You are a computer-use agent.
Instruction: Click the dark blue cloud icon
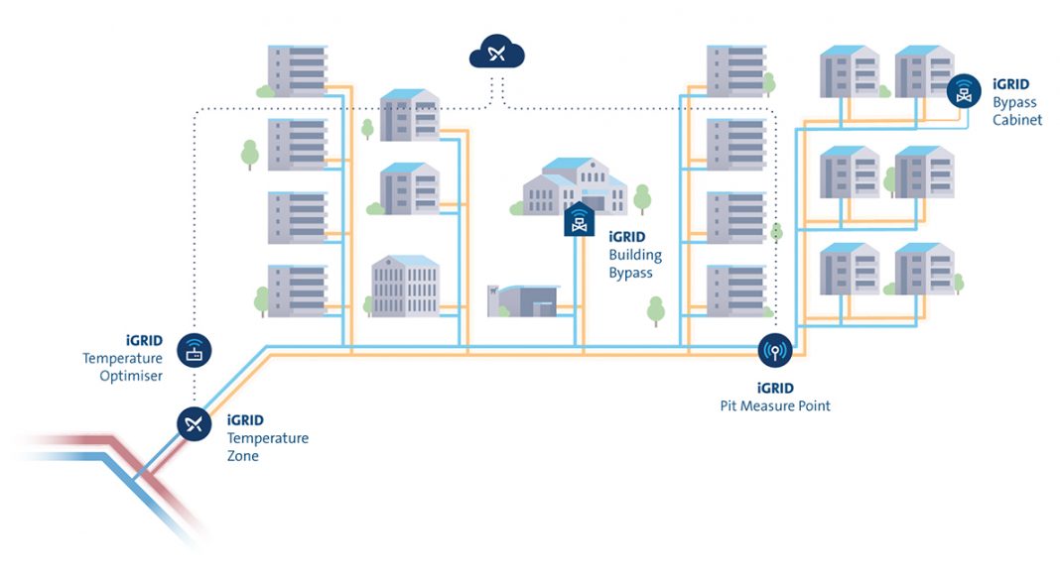tap(497, 52)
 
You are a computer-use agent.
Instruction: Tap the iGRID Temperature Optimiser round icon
tap(194, 350)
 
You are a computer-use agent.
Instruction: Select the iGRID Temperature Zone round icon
tap(194, 424)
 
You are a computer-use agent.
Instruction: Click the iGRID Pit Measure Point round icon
tap(775, 350)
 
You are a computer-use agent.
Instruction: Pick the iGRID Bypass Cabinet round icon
tap(964, 91)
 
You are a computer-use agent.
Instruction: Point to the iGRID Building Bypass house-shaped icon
tap(580, 219)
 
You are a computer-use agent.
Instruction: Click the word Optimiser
tap(131, 376)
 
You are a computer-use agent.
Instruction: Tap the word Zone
tap(243, 456)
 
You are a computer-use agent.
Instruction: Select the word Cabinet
tap(1017, 119)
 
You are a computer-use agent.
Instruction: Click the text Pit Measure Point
tap(775, 405)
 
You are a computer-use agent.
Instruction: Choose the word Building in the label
tap(635, 255)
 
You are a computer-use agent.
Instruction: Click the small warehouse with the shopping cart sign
tap(524, 300)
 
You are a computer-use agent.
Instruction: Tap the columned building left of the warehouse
tap(406, 287)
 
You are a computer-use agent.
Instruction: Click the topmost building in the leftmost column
tap(298, 70)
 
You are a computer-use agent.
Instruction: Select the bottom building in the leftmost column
tap(298, 290)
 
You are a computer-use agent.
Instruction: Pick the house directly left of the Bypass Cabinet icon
tap(924, 71)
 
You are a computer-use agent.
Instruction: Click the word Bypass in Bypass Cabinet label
tap(1014, 102)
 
